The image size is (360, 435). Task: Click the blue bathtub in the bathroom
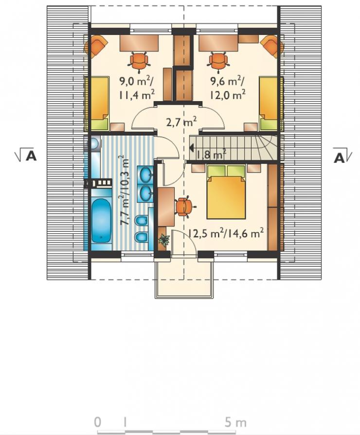click(x=101, y=220)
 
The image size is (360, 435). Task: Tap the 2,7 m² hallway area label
click(x=181, y=122)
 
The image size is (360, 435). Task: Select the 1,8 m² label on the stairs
click(x=211, y=154)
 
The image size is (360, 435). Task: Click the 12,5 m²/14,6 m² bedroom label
click(x=226, y=233)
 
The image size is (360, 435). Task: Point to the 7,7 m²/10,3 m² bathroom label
click(x=125, y=190)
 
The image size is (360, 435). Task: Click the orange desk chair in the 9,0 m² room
click(x=139, y=60)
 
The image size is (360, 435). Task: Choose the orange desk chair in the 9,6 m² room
click(x=218, y=60)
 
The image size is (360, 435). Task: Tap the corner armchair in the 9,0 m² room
click(x=96, y=46)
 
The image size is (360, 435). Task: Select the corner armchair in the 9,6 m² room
click(x=272, y=46)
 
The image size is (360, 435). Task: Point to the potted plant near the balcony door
click(x=164, y=240)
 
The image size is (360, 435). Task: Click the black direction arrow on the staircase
click(x=191, y=148)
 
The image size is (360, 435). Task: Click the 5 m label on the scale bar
click(x=235, y=422)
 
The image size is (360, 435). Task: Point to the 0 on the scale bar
click(x=97, y=422)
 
